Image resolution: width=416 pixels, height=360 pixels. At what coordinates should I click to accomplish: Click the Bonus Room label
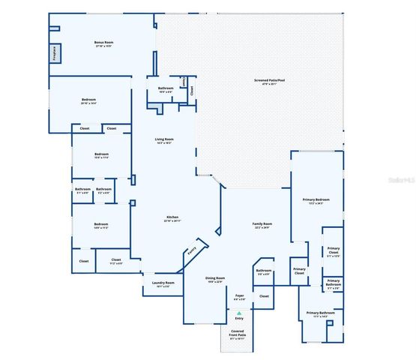click(x=103, y=43)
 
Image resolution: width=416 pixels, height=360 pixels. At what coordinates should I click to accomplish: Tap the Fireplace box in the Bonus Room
click(x=55, y=54)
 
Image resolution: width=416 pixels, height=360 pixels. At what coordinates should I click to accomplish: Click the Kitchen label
click(x=172, y=219)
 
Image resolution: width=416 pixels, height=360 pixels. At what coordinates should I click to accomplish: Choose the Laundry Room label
click(x=162, y=284)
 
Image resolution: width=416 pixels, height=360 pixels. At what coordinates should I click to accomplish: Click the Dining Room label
click(x=216, y=279)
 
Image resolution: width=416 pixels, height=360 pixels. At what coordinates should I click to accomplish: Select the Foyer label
click(x=240, y=297)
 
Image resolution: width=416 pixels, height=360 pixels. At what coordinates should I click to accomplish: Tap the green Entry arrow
click(x=240, y=311)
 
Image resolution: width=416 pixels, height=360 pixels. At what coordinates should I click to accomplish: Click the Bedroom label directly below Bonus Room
click(x=88, y=101)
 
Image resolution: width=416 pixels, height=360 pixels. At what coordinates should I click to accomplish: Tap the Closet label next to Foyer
click(x=264, y=297)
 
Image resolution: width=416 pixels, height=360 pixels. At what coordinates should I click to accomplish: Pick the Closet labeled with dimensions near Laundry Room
click(x=115, y=262)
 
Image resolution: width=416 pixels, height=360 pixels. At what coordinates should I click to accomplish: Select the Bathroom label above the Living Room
click(x=166, y=90)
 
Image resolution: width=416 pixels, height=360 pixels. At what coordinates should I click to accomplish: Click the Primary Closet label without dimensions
click(x=299, y=271)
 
